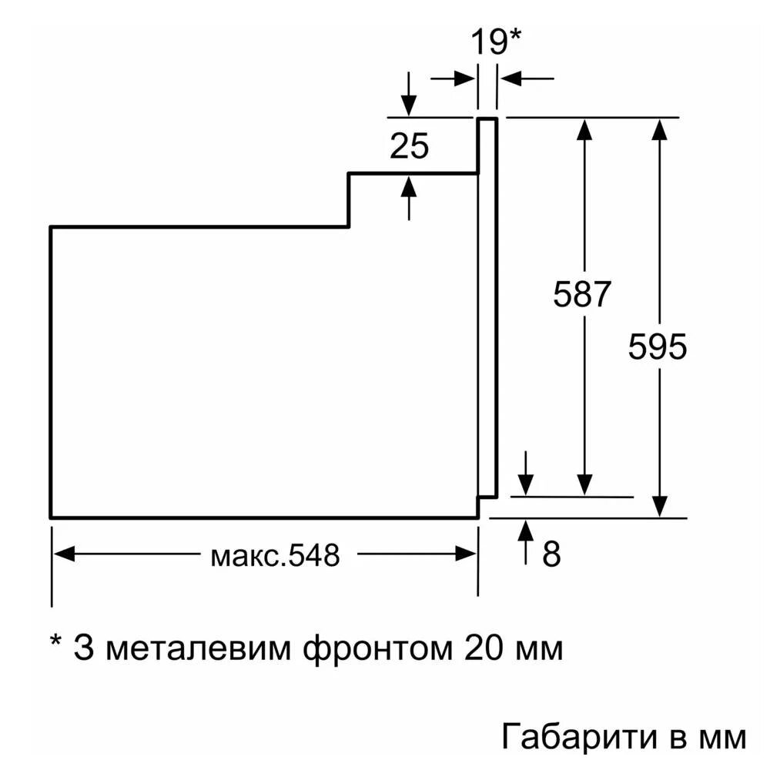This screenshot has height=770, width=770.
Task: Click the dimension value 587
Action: tap(582, 295)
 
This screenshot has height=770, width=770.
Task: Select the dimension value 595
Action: tap(657, 346)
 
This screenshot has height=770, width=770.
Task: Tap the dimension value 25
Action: tap(409, 146)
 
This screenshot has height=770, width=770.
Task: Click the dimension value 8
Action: tap(551, 555)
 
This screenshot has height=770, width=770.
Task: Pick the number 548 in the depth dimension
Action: tap(311, 555)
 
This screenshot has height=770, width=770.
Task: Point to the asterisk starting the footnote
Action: tap(55, 643)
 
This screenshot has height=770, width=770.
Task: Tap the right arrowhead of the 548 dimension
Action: tap(467, 554)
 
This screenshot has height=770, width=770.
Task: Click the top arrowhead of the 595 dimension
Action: tap(658, 129)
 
